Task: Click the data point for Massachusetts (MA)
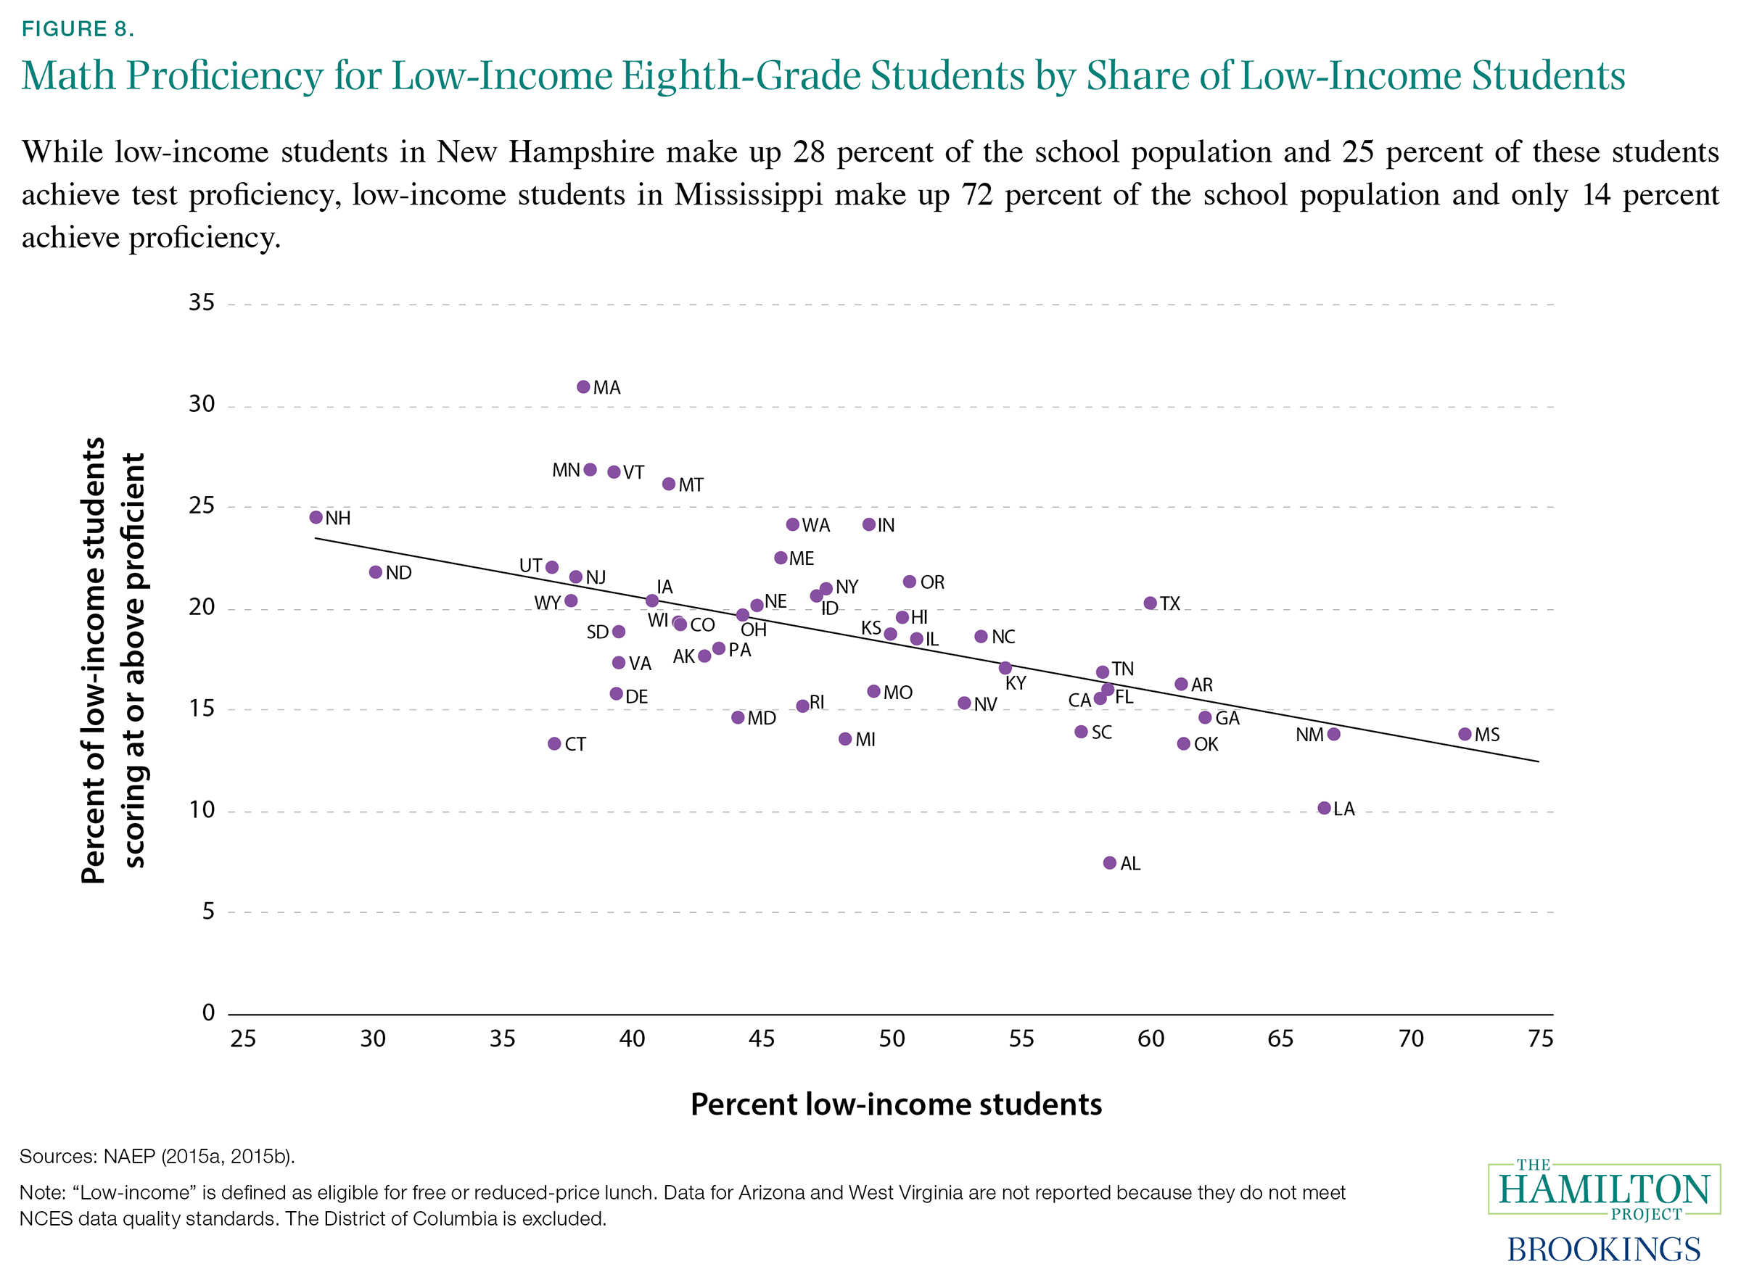[x=583, y=387]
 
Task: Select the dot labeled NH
[x=316, y=517]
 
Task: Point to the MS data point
[x=1464, y=734]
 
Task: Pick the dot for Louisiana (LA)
[x=1323, y=808]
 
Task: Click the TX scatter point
[x=1150, y=603]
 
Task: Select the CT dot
[x=554, y=744]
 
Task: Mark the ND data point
[x=376, y=571]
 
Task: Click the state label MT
[x=691, y=485]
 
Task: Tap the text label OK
[x=1206, y=745]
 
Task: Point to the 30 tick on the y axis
[x=202, y=404]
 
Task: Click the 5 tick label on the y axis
[x=207, y=911]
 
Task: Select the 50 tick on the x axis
[x=892, y=1039]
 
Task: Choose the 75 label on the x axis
[x=1540, y=1039]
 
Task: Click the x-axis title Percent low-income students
[x=896, y=1104]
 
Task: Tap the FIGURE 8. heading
[x=78, y=29]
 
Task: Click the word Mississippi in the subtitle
[x=748, y=194]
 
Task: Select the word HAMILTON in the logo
[x=1604, y=1190]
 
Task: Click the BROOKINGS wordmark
[x=1603, y=1248]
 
